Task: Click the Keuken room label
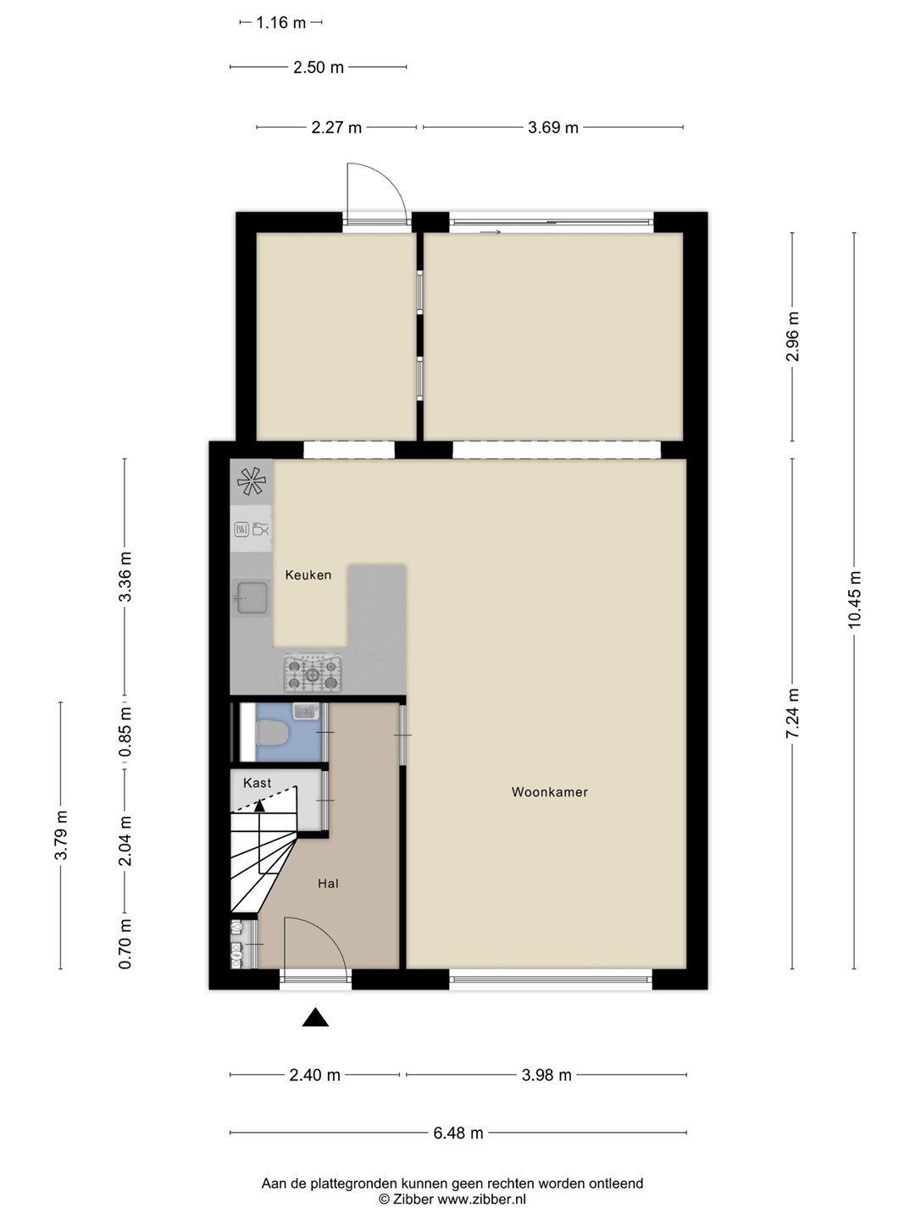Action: tap(308, 574)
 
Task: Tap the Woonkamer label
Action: tap(550, 792)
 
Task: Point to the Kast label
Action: tap(258, 783)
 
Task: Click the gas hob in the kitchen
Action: tap(313, 674)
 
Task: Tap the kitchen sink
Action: tap(251, 597)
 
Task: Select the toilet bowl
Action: tap(270, 733)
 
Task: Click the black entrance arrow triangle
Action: tap(315, 1018)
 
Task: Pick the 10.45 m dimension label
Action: tap(854, 600)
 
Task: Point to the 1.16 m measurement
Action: tap(281, 23)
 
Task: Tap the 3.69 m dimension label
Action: tap(552, 128)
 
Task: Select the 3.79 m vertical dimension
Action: tap(60, 835)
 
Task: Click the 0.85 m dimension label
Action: tap(125, 731)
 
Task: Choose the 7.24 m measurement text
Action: tap(792, 713)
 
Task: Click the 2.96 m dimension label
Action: tap(792, 336)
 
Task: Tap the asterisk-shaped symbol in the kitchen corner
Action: tap(252, 481)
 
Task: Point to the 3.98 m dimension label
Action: tap(546, 1075)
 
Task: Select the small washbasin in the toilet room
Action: tap(304, 710)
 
